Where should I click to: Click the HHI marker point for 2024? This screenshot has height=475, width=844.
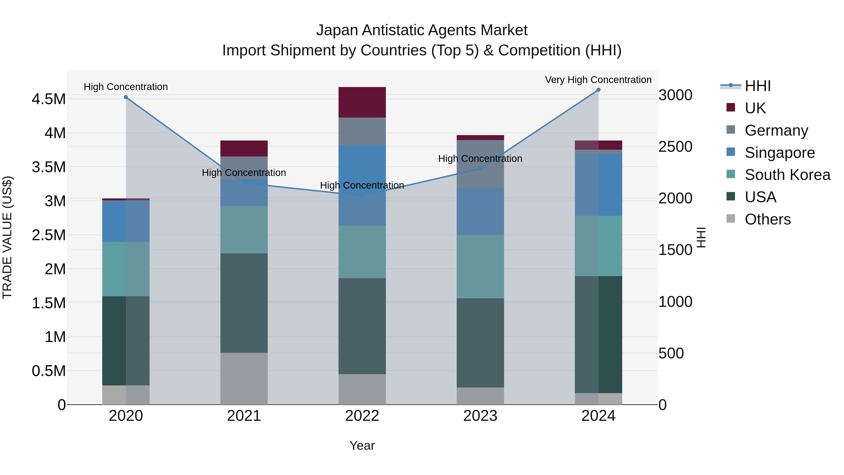click(598, 90)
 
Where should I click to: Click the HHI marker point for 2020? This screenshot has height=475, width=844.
click(126, 97)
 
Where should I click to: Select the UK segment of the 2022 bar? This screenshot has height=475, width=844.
click(362, 102)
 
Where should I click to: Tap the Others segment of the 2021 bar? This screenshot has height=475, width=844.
click(244, 379)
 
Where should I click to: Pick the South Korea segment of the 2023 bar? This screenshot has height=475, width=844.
click(480, 266)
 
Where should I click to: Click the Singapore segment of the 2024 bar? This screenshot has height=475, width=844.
click(598, 185)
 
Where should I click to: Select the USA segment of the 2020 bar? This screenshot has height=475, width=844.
click(126, 341)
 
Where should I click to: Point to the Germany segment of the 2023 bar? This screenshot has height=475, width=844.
click(480, 164)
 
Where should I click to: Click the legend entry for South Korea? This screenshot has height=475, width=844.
click(787, 175)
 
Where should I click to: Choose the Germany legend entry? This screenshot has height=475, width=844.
click(776, 130)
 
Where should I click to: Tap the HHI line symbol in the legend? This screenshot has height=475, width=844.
click(730, 86)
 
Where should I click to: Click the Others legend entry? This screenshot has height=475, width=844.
click(767, 219)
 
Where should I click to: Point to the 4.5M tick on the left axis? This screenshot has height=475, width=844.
click(49, 99)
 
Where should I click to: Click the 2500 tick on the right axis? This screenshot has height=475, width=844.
click(675, 147)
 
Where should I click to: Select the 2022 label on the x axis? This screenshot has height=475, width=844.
click(362, 416)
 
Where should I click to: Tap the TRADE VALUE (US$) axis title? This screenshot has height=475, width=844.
click(7, 237)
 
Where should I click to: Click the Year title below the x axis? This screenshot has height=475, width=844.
click(362, 445)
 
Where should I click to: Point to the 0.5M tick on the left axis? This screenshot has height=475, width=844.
click(49, 371)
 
